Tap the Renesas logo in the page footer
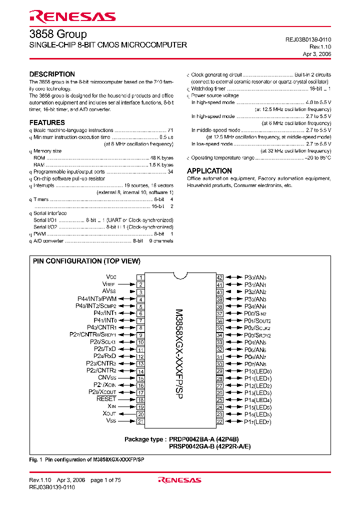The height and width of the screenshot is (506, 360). [179, 480]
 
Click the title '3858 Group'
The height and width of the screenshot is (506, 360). [58, 34]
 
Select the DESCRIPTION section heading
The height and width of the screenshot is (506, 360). [52, 74]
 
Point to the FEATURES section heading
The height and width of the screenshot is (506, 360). [47, 122]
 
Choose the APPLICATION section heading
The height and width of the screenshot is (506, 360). [209, 171]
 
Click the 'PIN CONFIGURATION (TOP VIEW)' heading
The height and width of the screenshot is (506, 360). [86, 261]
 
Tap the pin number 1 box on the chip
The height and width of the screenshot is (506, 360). [141, 277]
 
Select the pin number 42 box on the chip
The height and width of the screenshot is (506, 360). [219, 277]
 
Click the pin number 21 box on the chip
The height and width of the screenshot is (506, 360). [141, 421]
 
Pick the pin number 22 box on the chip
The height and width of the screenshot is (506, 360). [219, 421]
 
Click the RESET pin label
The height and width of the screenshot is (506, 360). [106, 399]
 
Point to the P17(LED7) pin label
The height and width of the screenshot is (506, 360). [257, 422]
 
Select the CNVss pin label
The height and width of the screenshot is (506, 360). [106, 378]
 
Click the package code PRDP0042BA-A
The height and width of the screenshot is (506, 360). [191, 439]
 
